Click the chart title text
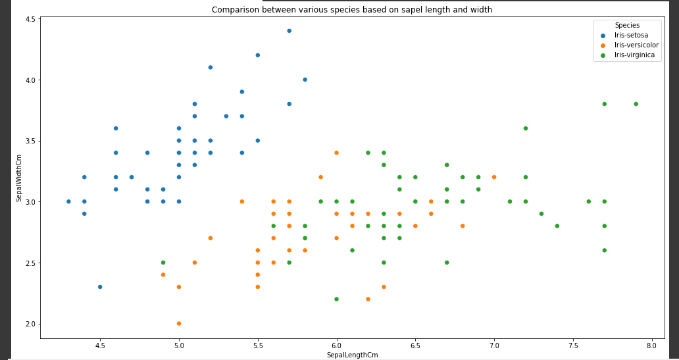coord(351,10)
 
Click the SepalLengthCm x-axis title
coord(352,355)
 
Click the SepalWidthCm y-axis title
coord(19,178)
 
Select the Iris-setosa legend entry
coord(630,35)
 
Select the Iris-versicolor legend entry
coord(636,45)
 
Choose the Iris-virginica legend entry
coord(634,55)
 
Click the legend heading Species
coord(627,25)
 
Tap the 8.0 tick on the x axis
coord(651,345)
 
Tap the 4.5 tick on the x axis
coord(100,345)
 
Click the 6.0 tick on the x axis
coord(336,345)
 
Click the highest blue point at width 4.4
coord(289,31)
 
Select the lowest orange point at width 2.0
coord(179,323)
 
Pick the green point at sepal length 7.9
coord(636,104)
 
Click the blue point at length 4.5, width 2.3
coord(100,287)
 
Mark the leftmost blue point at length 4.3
coord(68,201)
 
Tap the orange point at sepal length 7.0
coord(494,177)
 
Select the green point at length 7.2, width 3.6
coord(526,128)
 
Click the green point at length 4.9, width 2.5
coord(163,263)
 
